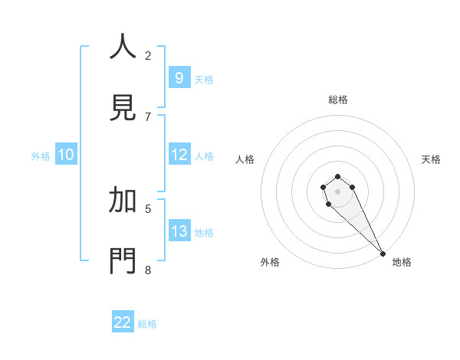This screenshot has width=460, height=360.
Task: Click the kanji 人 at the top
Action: point(123,47)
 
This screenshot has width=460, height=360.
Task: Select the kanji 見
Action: point(123,106)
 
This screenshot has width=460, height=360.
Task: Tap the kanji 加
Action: point(123,200)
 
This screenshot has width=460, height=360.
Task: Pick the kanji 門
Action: point(123,260)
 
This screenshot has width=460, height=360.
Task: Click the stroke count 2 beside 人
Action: point(148,55)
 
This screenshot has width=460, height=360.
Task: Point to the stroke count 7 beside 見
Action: point(148,116)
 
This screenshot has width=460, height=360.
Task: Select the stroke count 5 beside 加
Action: point(148,208)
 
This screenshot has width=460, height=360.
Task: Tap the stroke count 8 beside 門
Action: point(148,270)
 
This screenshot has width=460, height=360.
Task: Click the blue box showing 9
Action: point(179,77)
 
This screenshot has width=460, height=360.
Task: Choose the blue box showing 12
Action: point(179,155)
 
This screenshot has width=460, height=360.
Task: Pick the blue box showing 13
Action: point(179,231)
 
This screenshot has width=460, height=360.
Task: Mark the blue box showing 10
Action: point(66,155)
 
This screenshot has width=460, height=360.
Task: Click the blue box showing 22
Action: point(123,322)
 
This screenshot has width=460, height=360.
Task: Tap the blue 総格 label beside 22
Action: point(147,324)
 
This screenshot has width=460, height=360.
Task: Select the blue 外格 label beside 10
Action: point(41,156)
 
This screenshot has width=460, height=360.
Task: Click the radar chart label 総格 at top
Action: point(338,100)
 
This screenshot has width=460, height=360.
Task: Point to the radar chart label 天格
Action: point(431,159)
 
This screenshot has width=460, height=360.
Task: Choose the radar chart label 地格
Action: point(402,262)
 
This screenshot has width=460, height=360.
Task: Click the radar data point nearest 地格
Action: point(383,254)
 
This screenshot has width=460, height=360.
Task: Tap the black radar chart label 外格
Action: point(270,262)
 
